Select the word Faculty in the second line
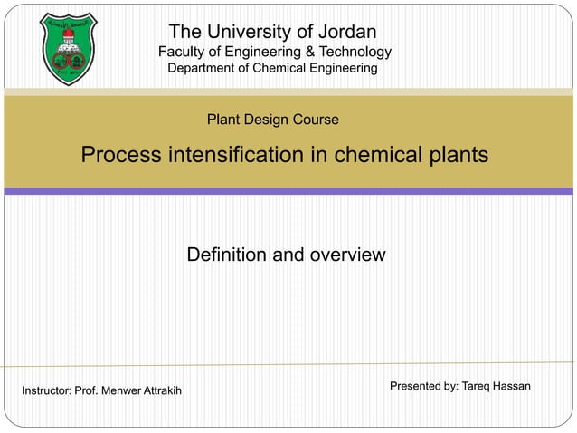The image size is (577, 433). point(184,53)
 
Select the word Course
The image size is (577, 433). point(316,120)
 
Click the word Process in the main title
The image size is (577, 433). point(120,155)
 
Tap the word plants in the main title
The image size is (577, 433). point(457,155)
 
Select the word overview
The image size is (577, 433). point(347,255)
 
